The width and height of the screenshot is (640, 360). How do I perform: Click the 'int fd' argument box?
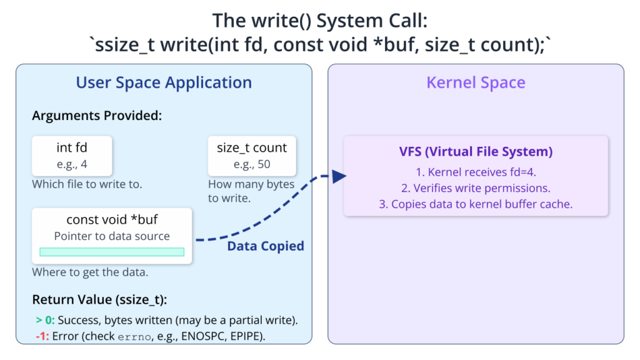[x=72, y=156]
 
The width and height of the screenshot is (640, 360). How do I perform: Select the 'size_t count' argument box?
[x=252, y=156]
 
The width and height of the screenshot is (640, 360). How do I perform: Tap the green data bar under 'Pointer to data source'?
[x=112, y=252]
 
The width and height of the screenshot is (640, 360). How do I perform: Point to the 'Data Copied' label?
[x=265, y=246]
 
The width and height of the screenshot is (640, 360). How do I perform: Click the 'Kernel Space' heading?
[x=476, y=82]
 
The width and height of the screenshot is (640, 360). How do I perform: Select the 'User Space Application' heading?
[x=164, y=83]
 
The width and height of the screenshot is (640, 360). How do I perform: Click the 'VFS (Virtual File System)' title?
[x=476, y=151]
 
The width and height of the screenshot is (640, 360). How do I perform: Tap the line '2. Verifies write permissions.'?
[x=476, y=188]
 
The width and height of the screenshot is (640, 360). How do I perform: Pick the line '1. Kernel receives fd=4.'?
[x=476, y=172]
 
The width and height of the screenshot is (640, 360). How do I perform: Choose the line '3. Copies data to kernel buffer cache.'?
[x=476, y=204]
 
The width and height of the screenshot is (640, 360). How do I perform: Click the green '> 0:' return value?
[x=45, y=320]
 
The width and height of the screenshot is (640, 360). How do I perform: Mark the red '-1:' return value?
[x=42, y=336]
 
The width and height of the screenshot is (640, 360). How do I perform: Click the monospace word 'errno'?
[x=134, y=337]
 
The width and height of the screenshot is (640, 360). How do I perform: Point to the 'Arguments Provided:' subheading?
[x=97, y=116]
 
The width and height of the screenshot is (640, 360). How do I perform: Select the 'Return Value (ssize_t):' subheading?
[x=99, y=300]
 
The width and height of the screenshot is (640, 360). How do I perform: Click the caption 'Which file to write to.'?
[x=87, y=184]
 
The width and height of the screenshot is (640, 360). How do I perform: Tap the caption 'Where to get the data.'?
[x=90, y=272]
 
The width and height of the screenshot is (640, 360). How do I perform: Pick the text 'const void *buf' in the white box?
[x=112, y=219]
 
